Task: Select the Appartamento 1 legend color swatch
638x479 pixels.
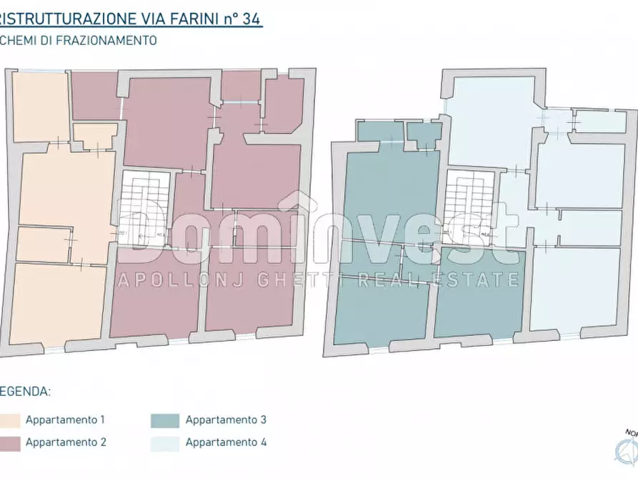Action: pos(8,420)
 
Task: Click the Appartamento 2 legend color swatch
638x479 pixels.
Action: pos(8,443)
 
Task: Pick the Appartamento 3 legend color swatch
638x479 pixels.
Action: pos(165,420)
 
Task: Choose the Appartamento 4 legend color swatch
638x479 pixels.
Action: pos(165,443)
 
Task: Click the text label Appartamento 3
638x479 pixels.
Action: pos(226,420)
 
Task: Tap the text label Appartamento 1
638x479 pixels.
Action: pos(65,420)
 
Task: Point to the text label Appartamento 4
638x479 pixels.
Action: pos(226,443)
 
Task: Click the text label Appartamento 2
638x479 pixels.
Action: pos(66,443)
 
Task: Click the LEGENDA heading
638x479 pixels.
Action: pos(25,392)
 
